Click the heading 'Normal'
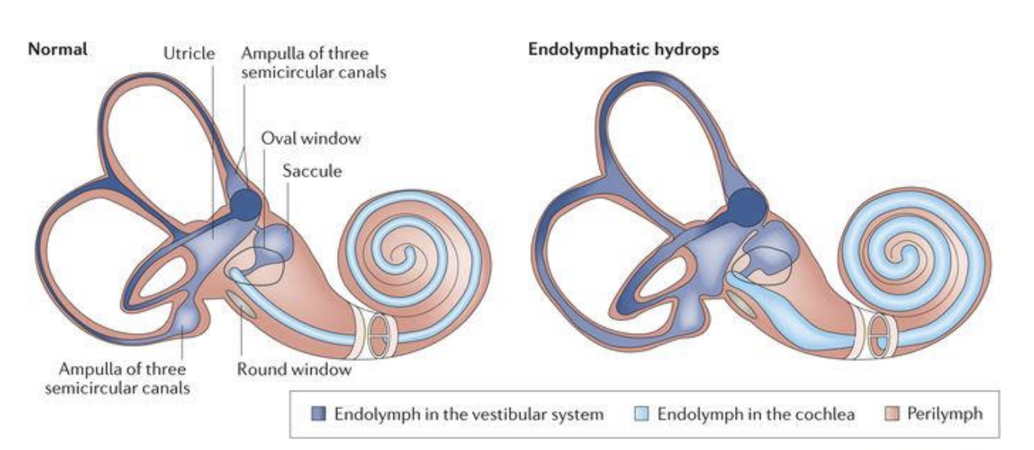pos(57,49)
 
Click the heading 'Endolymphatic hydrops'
pos(623,49)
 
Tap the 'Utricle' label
pos(189,53)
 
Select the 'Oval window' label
pos(311,138)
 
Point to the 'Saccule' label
pos(312,171)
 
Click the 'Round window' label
pos(294,369)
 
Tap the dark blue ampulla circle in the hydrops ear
pos(748,206)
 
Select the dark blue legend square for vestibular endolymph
pos(319,414)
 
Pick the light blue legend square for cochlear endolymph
pos(641,414)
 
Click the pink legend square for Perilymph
pos(892,414)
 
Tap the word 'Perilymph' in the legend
pos(944,414)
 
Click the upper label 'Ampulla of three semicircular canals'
pos(313,63)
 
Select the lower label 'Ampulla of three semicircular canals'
pos(117,378)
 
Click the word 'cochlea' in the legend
pos(824,414)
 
